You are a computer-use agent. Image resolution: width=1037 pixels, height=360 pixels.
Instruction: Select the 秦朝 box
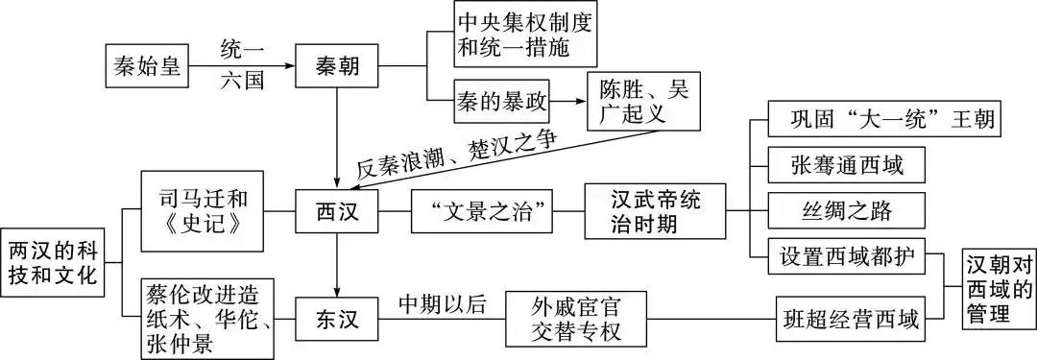(x=337, y=67)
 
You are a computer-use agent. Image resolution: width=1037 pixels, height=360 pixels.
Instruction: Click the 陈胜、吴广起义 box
(x=644, y=100)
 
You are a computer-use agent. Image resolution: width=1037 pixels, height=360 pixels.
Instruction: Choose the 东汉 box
(x=337, y=318)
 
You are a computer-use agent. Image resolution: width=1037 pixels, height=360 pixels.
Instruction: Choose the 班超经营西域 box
(x=850, y=319)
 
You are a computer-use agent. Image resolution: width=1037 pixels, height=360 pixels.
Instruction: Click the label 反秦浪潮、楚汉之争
(x=456, y=154)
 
